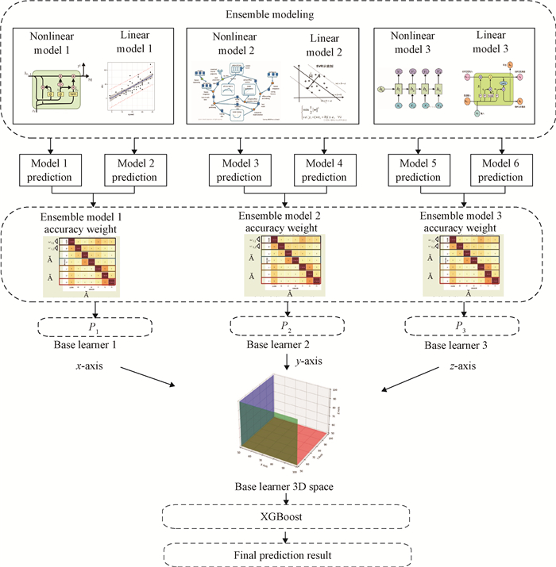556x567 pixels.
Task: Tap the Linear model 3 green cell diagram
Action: point(497,94)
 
